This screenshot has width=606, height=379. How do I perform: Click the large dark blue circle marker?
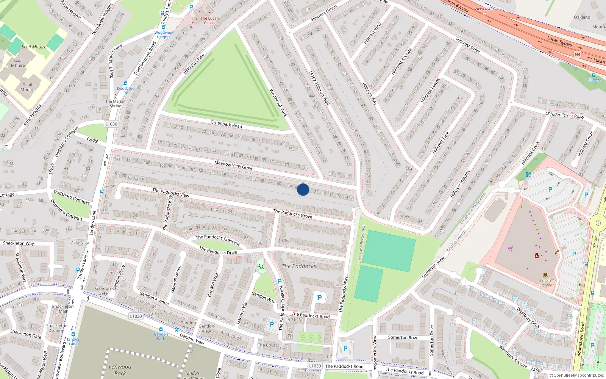click(x=303, y=189)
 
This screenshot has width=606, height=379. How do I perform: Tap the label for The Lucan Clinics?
click(x=209, y=20)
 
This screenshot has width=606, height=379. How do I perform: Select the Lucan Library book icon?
click(x=545, y=275)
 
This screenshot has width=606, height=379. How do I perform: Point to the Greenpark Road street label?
click(x=226, y=124)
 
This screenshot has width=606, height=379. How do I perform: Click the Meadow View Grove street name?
click(x=234, y=165)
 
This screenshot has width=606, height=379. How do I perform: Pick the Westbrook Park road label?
click(x=278, y=102)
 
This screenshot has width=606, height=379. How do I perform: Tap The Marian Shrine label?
click(x=115, y=103)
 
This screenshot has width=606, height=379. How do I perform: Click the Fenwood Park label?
click(x=120, y=370)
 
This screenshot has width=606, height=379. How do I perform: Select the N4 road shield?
click(x=577, y=55)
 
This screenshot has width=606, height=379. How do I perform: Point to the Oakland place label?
click(x=582, y=17)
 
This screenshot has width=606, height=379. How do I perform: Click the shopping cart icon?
click(x=510, y=249)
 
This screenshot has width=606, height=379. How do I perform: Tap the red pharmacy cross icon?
click(x=536, y=256)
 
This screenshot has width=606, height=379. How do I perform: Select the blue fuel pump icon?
click(x=528, y=175)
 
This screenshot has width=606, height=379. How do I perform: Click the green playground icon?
click(x=261, y=266)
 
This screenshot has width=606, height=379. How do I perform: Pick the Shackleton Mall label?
click(x=63, y=309)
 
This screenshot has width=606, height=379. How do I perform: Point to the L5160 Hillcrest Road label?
click(x=564, y=115)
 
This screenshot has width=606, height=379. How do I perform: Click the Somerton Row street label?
click(x=402, y=337)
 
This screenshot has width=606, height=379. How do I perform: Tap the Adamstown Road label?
click(x=581, y=339)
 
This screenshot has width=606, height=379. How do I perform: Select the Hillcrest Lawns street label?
click(x=430, y=91)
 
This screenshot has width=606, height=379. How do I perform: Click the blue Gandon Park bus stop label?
click(x=161, y=336)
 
